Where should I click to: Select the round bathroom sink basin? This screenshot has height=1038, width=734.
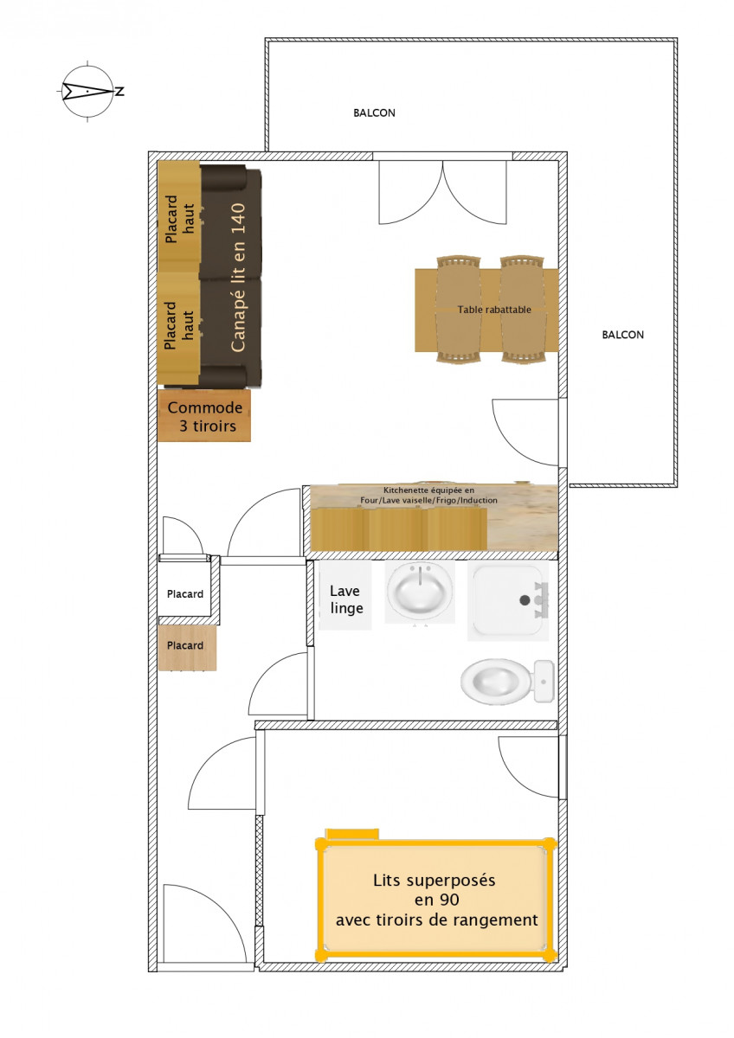(420, 592)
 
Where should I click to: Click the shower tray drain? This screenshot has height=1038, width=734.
(524, 599)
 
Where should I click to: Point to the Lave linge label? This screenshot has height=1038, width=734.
(344, 599)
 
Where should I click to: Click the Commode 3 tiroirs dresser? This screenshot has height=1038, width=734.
(203, 416)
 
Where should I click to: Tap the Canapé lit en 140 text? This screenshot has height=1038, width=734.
(238, 277)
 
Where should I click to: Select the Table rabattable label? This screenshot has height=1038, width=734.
(494, 309)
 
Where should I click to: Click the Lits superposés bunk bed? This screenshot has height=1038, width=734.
(436, 900)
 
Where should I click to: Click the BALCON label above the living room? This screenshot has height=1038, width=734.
(374, 113)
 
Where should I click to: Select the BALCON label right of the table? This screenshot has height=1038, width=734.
(622, 335)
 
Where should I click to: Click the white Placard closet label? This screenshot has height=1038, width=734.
(185, 594)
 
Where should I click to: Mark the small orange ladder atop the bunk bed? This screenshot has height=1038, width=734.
(351, 834)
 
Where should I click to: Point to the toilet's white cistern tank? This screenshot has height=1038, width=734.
(544, 682)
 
